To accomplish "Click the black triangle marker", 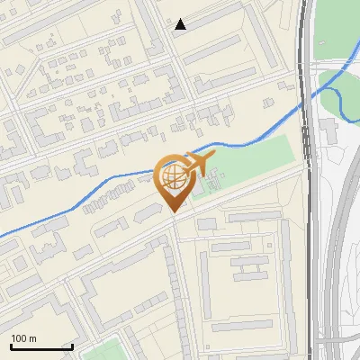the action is (x=181, y=25).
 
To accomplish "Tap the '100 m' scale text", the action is (x=23, y=338).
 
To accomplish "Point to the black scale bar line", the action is (x=41, y=346).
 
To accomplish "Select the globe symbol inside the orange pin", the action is (x=173, y=178).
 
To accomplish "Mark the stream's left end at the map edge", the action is (x=3, y=237).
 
